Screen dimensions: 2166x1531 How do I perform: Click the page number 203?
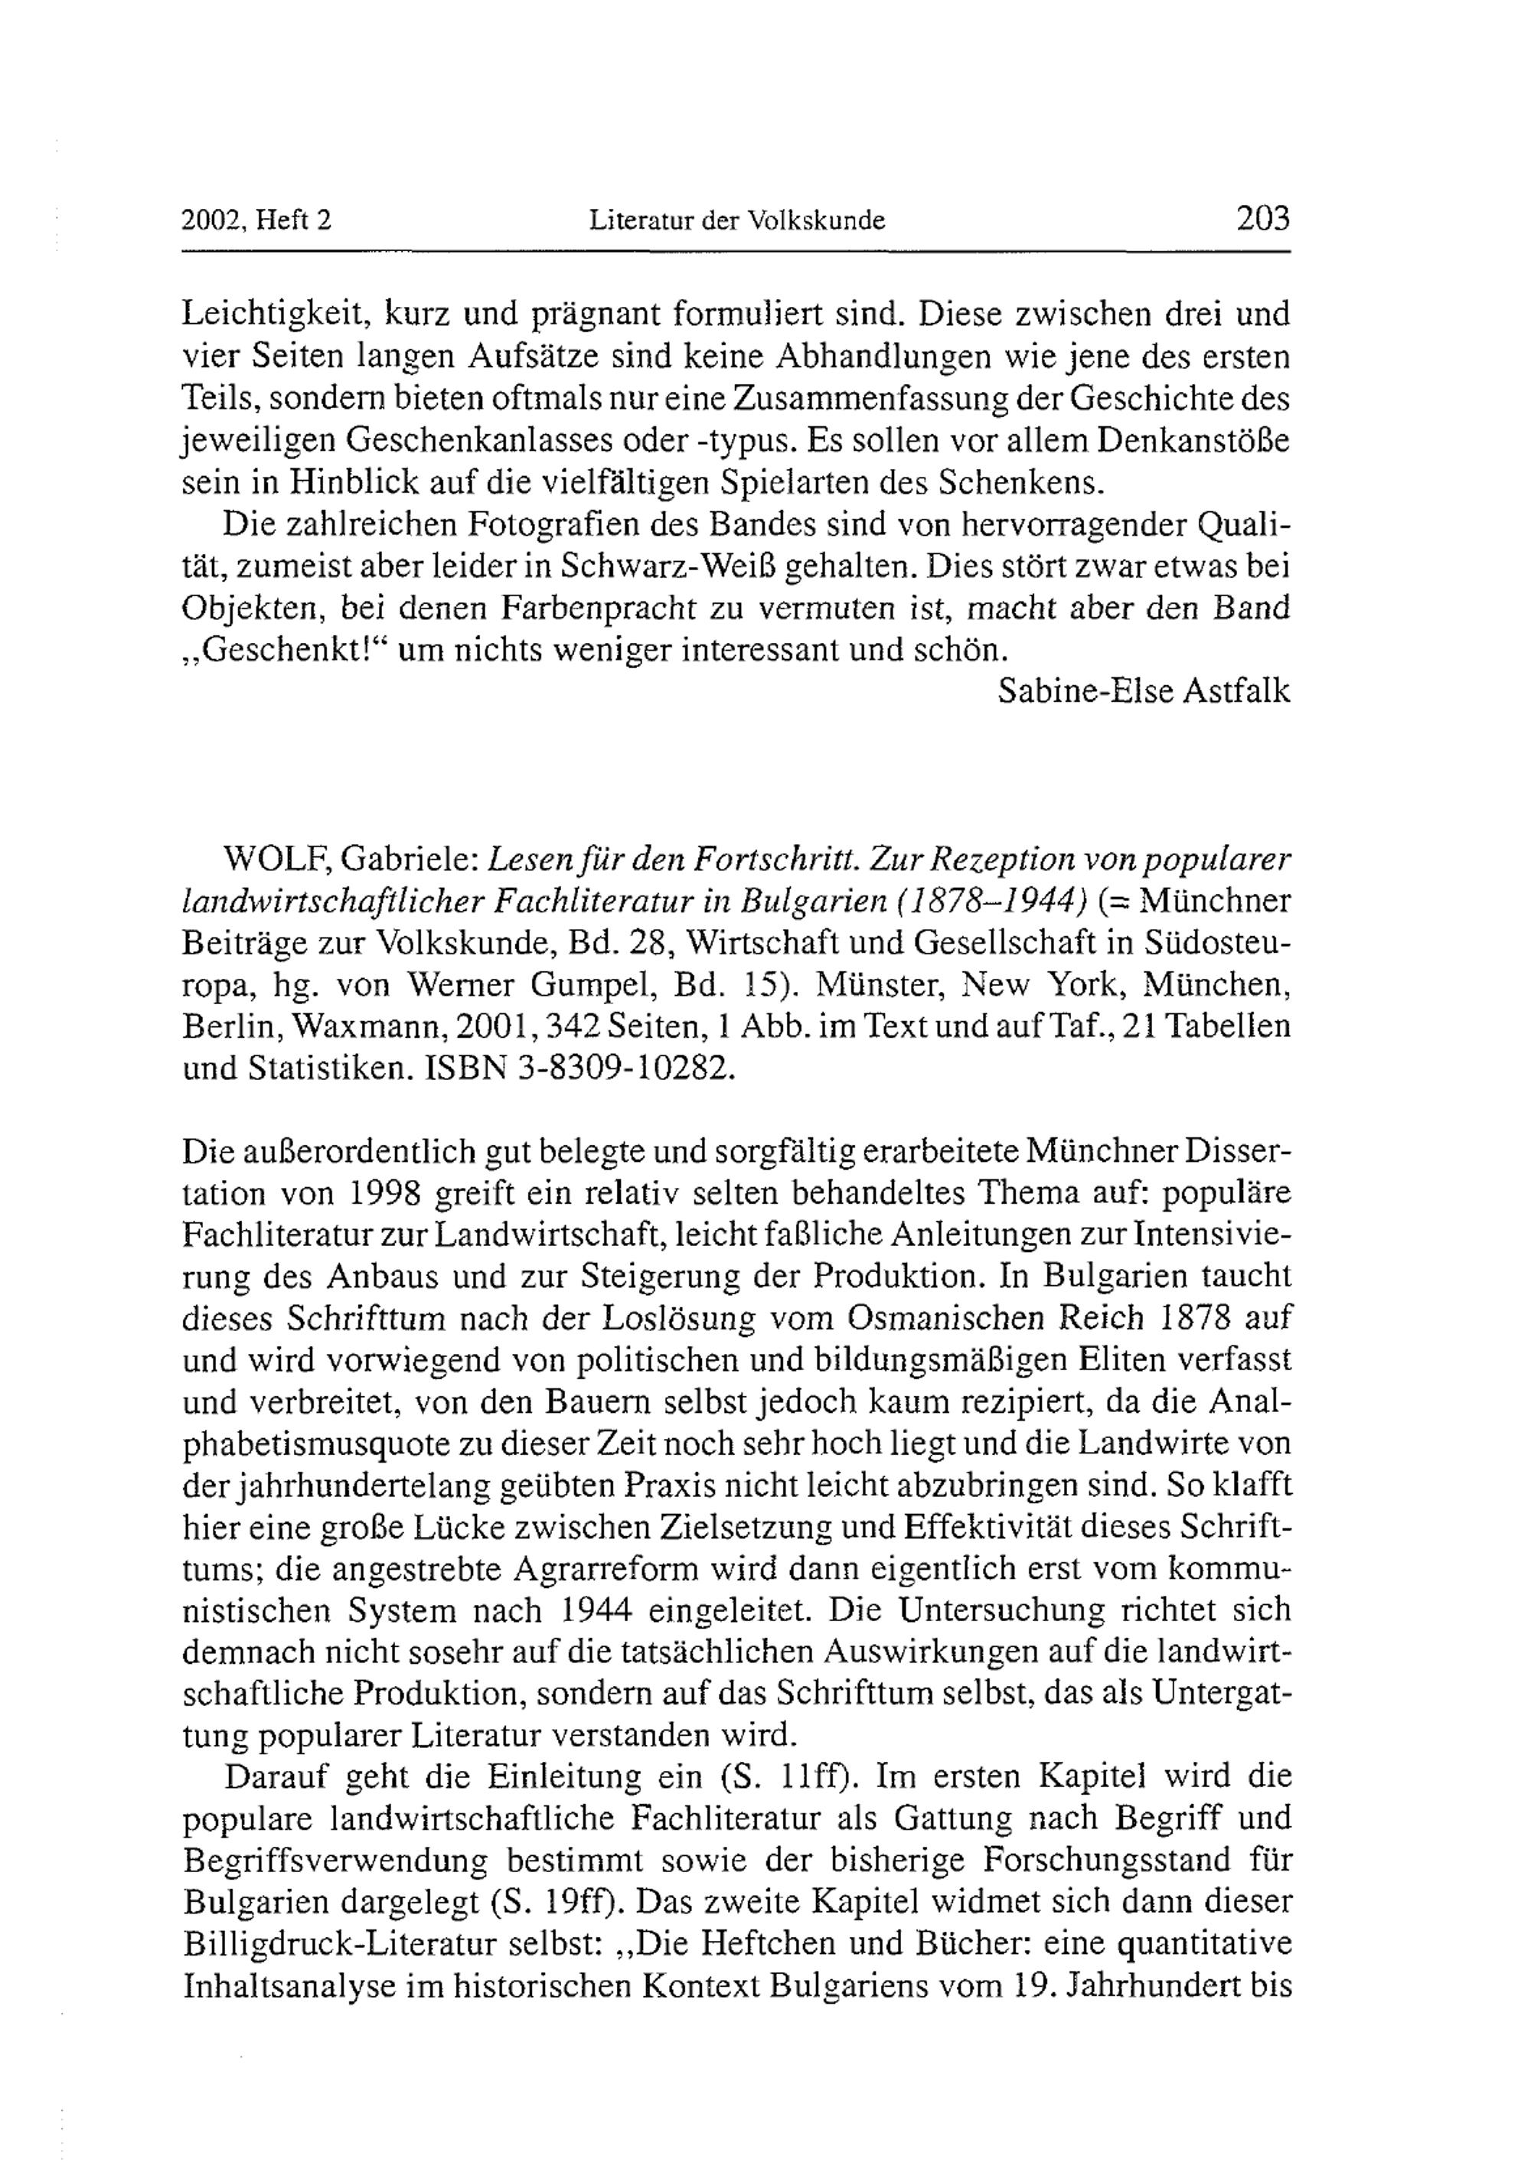click(x=1262, y=219)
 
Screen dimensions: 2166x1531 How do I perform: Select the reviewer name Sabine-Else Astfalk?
click(x=1144, y=691)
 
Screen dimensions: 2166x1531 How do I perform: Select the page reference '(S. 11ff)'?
click(x=788, y=1776)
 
